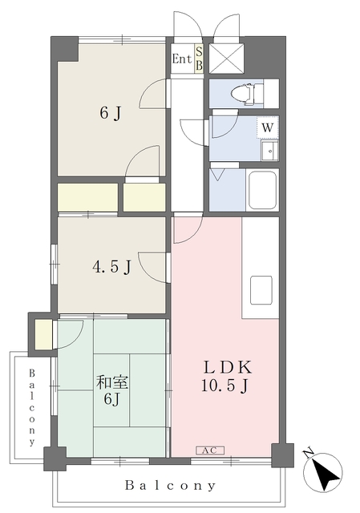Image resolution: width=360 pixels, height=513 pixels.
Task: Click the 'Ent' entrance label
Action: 182,59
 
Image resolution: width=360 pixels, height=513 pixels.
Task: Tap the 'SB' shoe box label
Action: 199,59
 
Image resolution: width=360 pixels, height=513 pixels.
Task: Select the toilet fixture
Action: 247,94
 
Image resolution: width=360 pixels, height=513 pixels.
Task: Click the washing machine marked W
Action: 267,127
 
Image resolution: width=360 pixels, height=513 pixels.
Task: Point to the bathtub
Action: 263,191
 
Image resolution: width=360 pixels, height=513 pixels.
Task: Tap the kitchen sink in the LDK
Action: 261,290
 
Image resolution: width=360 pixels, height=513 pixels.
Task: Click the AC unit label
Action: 210,450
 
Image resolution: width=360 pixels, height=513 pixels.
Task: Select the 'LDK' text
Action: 228,368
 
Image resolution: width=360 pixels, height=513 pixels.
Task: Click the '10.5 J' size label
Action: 224,386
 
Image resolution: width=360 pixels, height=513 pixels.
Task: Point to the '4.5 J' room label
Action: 111,267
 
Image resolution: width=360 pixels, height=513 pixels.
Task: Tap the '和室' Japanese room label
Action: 111,382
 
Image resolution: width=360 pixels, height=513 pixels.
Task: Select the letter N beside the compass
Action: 309,453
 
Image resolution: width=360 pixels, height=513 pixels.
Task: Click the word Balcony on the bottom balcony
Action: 170,486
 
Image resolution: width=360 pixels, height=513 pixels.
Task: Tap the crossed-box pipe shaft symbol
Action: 226,59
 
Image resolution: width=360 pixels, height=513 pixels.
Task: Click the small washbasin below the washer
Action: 269,151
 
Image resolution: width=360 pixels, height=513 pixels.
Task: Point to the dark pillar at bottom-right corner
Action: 282,455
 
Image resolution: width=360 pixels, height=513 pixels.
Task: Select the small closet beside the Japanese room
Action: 43,335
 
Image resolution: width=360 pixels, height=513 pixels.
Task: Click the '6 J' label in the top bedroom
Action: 111,114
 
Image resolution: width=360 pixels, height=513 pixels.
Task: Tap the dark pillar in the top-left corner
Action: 65,48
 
